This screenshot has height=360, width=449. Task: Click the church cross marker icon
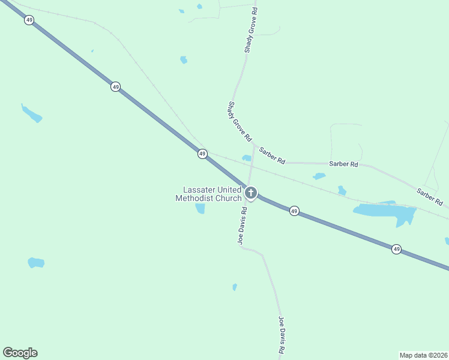click(x=251, y=193)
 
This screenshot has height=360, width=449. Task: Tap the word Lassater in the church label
click(x=199, y=190)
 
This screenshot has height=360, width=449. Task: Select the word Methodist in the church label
click(x=195, y=198)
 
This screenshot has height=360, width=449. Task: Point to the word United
click(x=229, y=190)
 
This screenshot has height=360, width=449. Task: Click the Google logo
click(x=20, y=353)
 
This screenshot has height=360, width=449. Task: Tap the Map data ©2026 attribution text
click(x=423, y=355)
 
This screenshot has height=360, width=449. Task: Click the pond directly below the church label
click(x=200, y=208)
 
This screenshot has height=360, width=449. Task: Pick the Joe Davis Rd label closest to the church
click(x=243, y=226)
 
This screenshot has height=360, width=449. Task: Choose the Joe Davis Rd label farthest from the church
click(x=281, y=335)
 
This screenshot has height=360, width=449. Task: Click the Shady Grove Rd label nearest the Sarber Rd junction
click(x=239, y=121)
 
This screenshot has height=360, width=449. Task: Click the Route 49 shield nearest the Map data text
click(x=396, y=248)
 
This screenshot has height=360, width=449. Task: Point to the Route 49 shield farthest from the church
click(x=29, y=20)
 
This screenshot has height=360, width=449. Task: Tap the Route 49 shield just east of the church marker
click(x=294, y=211)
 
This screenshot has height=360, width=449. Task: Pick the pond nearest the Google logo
click(x=36, y=262)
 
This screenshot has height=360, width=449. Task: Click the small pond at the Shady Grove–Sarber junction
click(x=246, y=158)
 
